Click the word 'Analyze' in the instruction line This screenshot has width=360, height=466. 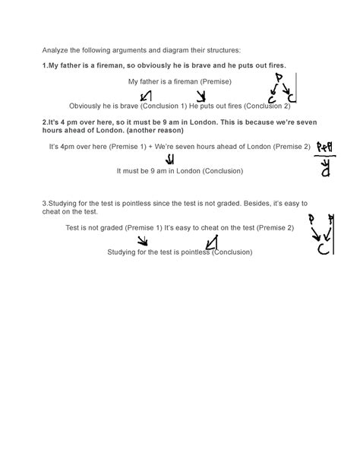(x=55, y=51)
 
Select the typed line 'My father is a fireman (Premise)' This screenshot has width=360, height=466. (x=180, y=81)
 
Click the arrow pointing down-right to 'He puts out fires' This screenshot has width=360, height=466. (x=201, y=96)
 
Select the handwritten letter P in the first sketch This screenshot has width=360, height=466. (x=279, y=78)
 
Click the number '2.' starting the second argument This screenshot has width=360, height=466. (x=46, y=122)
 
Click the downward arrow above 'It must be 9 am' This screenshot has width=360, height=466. (x=169, y=159)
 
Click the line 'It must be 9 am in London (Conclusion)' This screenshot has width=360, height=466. (x=179, y=171)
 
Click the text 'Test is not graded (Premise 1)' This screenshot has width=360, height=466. (x=110, y=227)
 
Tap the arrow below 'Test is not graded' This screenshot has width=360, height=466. (x=141, y=241)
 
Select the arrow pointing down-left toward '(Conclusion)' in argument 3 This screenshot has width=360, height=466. (x=212, y=242)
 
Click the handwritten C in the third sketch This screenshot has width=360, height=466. (x=322, y=249)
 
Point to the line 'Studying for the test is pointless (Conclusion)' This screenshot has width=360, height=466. (x=179, y=252)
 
